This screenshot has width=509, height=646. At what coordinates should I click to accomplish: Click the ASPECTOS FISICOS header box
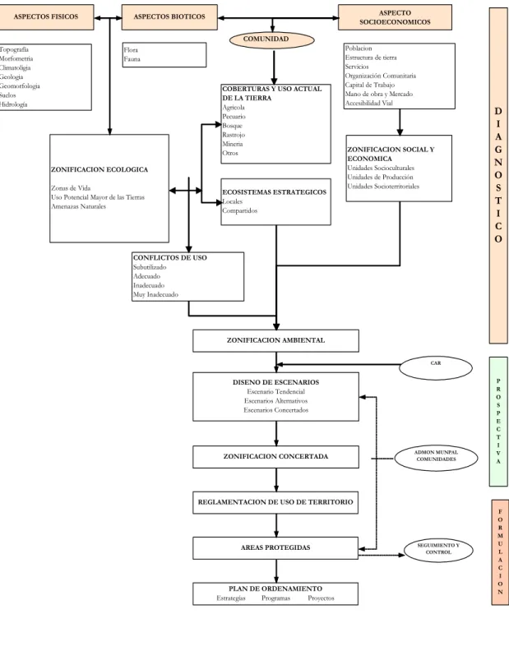point(46,17)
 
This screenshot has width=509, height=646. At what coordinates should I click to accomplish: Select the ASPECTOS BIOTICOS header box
point(169,17)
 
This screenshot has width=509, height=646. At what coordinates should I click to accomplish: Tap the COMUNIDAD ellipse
point(272,40)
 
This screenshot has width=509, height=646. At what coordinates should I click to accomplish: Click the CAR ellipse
point(436,368)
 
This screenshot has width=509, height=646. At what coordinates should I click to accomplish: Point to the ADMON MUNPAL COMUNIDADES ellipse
point(436,457)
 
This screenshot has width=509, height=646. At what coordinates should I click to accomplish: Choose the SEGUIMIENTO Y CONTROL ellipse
point(438,550)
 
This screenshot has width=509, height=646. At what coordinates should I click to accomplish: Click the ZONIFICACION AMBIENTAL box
point(275,341)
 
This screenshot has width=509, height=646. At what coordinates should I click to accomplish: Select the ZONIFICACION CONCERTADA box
point(275,456)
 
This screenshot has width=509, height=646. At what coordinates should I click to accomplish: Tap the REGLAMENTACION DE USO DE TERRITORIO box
point(275,502)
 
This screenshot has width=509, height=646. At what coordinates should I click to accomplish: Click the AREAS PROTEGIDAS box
point(275,548)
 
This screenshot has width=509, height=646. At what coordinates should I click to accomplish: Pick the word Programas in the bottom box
point(275,598)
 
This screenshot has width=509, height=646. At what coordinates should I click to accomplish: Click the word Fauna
point(132,59)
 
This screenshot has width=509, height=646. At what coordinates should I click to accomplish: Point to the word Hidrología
point(13,104)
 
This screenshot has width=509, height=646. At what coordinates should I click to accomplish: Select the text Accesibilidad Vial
point(369,103)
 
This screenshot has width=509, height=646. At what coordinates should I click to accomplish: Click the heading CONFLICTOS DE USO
point(170,258)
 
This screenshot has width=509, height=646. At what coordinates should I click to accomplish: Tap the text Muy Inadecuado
point(155,294)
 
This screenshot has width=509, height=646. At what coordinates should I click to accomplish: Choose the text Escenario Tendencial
point(275,392)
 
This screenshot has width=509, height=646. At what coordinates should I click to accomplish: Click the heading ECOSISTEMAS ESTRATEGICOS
point(274,192)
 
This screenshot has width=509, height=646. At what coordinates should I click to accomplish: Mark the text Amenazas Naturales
point(78,206)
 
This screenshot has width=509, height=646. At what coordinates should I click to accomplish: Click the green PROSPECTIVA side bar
point(498,422)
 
